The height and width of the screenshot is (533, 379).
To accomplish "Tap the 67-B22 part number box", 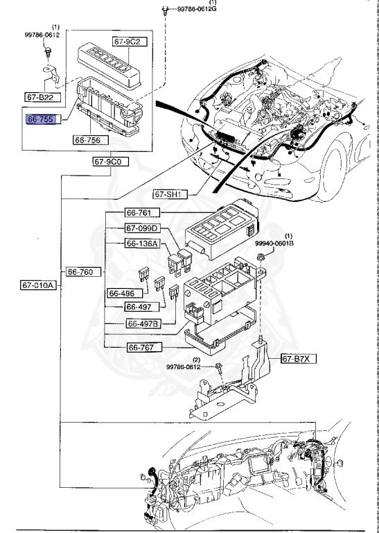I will pyautogui.click(x=41, y=97).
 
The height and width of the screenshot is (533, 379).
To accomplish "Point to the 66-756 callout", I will pyautogui.click(x=87, y=139).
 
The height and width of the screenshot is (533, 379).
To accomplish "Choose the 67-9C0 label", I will pyautogui.click(x=107, y=161).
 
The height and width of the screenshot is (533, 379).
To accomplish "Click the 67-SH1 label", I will pyautogui.click(x=168, y=195).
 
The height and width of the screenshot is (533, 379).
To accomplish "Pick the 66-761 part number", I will pyautogui.click(x=143, y=212).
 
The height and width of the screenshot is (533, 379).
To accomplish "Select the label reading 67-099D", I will pyautogui.click(x=143, y=228).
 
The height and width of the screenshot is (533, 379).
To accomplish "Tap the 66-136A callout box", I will pyautogui.click(x=143, y=244).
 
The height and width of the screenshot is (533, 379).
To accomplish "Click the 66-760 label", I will pyautogui.click(x=85, y=271).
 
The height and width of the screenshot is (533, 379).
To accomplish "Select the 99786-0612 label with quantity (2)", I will pyautogui.click(x=184, y=366).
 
